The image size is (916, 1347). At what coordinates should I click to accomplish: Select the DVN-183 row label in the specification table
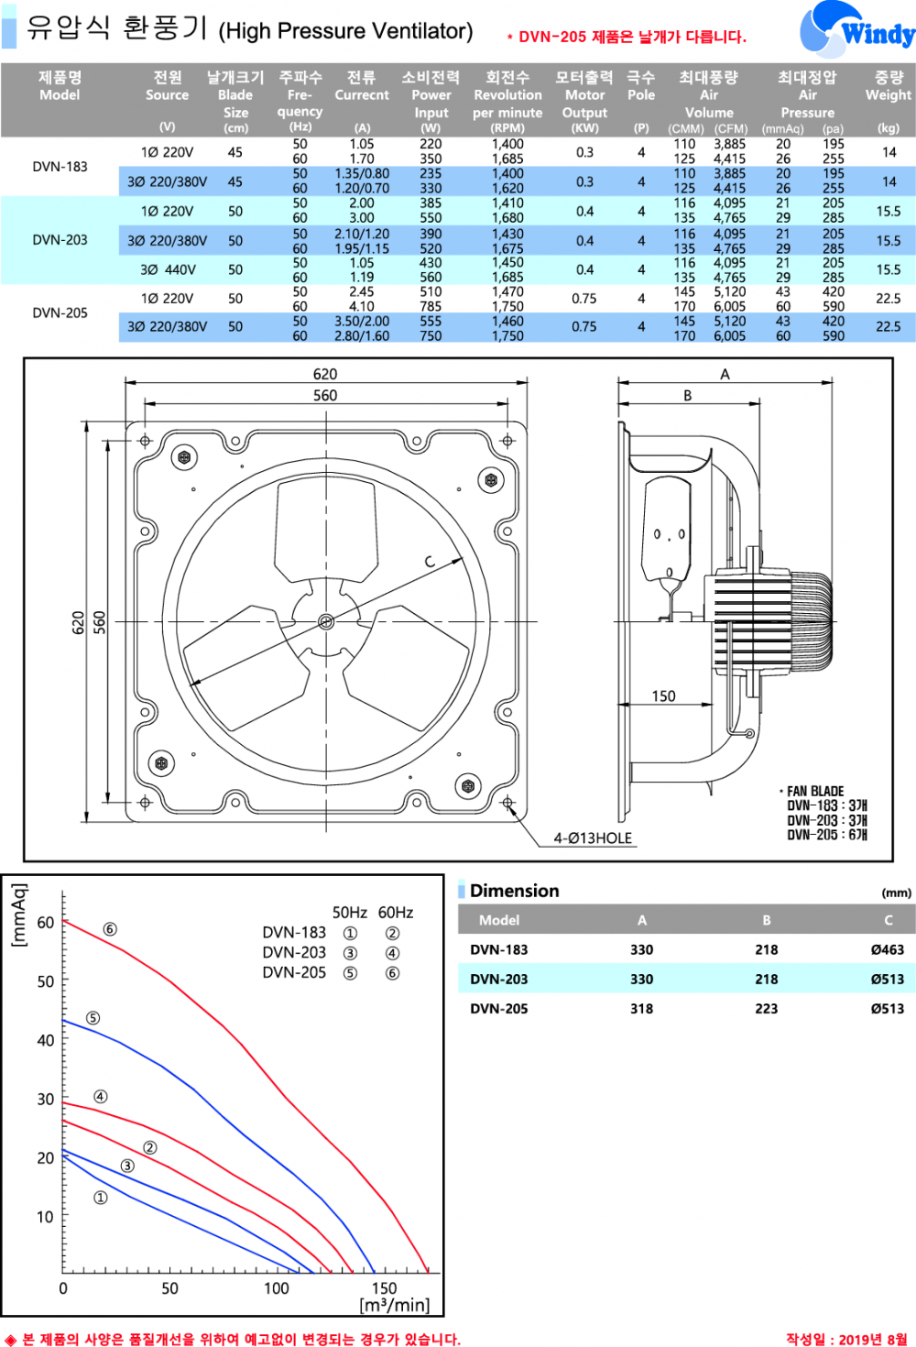tap(60, 167)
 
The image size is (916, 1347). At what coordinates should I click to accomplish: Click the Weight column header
tap(888, 86)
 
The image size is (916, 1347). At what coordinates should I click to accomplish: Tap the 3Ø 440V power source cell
tap(168, 269)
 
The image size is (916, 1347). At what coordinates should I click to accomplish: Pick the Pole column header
tap(641, 86)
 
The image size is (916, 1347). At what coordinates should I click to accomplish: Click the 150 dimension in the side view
tap(663, 696)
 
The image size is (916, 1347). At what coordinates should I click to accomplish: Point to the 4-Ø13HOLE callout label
tap(593, 838)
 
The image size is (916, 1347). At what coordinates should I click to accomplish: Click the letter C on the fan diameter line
tap(429, 562)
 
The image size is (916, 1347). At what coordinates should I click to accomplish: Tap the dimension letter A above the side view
tap(725, 374)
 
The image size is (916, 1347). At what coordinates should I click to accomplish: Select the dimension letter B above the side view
tap(688, 396)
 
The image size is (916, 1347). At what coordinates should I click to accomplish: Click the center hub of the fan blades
tap(326, 621)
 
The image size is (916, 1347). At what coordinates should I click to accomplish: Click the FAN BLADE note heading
tap(814, 791)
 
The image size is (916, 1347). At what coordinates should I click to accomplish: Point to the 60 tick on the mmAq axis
tap(46, 923)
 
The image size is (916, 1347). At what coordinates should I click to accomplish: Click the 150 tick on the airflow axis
tap(384, 1288)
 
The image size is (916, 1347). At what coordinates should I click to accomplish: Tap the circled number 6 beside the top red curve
tap(110, 929)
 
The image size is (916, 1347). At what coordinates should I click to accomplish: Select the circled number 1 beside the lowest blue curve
tap(101, 1198)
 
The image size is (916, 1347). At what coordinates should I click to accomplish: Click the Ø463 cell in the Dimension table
tap(887, 950)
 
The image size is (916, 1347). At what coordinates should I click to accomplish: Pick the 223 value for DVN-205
tap(766, 1009)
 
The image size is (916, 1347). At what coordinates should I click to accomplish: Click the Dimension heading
tap(514, 891)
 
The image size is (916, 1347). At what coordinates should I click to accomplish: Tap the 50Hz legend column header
tap(349, 913)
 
